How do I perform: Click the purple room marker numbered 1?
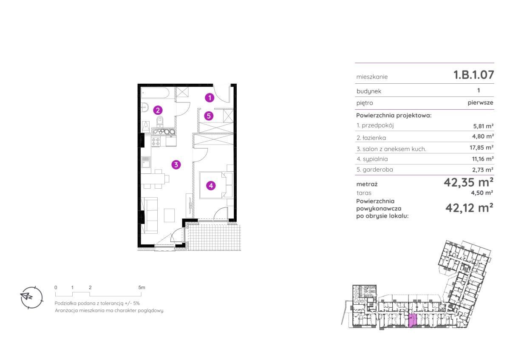coord(210,98)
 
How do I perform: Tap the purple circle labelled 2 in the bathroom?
coord(158,111)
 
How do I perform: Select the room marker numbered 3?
coord(176,164)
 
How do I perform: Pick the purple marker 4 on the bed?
coord(211,186)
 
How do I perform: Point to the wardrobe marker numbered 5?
coord(209,116)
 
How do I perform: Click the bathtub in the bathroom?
coord(155,93)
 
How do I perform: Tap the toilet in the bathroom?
coord(160,122)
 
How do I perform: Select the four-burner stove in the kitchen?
coord(156,142)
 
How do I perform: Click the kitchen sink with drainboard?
coord(146,162)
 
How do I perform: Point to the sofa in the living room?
coord(149,215)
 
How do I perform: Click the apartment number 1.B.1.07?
coord(474,75)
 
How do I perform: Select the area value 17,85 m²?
coord(482,147)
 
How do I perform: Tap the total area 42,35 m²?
coord(468,182)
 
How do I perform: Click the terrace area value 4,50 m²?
coord(482,193)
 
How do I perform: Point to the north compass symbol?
coord(31,298)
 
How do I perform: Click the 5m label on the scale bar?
coord(142,288)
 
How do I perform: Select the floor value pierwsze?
coord(480,103)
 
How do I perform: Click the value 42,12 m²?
coord(469,208)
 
